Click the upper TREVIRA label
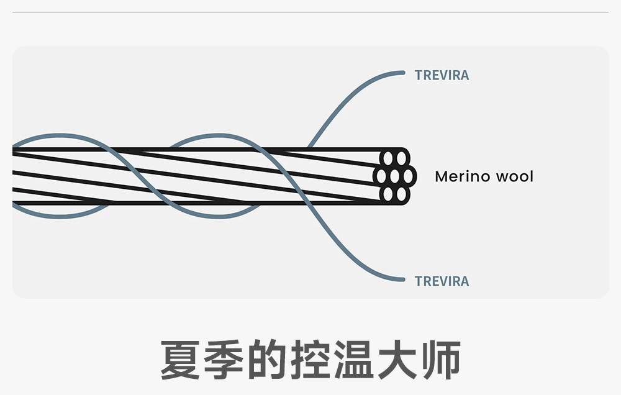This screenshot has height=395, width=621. pyautogui.click(x=442, y=75)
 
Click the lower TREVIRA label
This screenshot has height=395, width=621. pyautogui.click(x=442, y=281)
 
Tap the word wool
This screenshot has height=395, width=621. pyautogui.click(x=515, y=176)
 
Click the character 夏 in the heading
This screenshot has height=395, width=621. pyautogui.click(x=180, y=360)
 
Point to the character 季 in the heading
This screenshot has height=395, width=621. pyautogui.click(x=224, y=360)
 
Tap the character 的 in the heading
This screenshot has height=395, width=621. pyautogui.click(x=267, y=360)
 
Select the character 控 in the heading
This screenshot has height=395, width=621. pyautogui.click(x=310, y=360)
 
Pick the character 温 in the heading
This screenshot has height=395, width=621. pyautogui.click(x=354, y=360)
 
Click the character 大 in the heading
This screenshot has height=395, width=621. pyautogui.click(x=397, y=360)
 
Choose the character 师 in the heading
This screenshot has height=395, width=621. pyautogui.click(x=441, y=360)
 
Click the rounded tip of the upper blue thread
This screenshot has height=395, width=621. pyautogui.click(x=403, y=73)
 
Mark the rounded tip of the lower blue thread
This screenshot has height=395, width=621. pyautogui.click(x=403, y=279)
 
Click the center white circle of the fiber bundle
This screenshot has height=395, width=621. pyautogui.click(x=394, y=176)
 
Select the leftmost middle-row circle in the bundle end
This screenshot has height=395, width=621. pyautogui.click(x=381, y=176)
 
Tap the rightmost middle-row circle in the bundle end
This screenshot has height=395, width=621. pyautogui.click(x=408, y=176)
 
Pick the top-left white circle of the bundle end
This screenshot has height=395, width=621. pyautogui.click(x=388, y=158)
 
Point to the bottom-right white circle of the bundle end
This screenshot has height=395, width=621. pyautogui.click(x=401, y=194)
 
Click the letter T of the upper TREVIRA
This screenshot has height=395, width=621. pyautogui.click(x=419, y=75)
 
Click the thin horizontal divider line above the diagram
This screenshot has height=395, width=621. pyautogui.click(x=310, y=12)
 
